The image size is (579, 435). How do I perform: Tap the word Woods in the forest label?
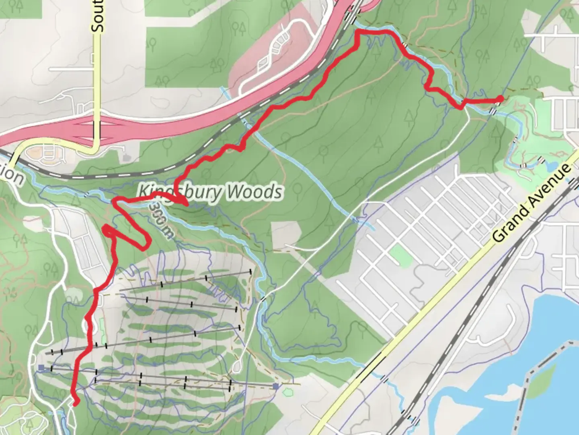coord(253,192)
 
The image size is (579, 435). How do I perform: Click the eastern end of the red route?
coord(500,98)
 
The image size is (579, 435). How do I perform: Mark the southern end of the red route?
coord(76,402)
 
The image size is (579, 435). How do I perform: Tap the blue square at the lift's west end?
coord(41,367)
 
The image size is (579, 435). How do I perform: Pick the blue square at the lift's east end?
coord(275,387)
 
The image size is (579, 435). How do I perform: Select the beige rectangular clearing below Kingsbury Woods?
coord(286,236)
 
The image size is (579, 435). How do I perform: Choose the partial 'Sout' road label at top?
coord(97,16)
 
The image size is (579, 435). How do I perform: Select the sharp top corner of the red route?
coord(357,32)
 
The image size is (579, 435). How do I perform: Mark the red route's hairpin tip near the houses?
coord(106,229)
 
